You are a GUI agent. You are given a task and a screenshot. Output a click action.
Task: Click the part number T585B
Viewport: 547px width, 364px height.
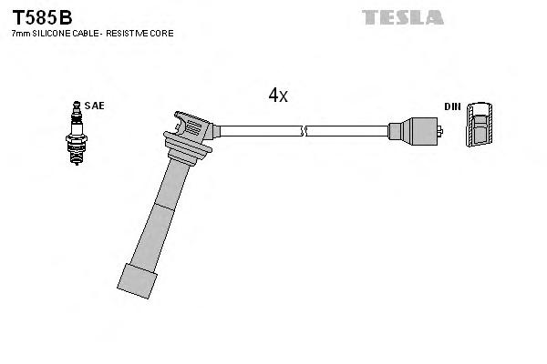tap(41, 17)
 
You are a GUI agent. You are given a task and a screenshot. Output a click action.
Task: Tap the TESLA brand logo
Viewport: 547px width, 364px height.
tap(402, 17)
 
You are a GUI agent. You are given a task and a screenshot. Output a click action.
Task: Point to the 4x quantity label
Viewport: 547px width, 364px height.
tap(278, 95)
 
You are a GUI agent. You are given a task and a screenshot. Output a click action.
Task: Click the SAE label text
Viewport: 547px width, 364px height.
tap(94, 106)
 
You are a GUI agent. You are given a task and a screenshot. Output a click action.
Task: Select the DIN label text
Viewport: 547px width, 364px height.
tap(452, 106)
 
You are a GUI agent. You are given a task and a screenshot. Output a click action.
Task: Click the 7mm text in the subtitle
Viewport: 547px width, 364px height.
tap(19, 34)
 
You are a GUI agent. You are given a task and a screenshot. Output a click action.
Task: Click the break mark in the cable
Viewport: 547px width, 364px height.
tap(305, 131)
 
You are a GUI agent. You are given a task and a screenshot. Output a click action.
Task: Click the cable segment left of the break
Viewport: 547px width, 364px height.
tap(260, 131)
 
